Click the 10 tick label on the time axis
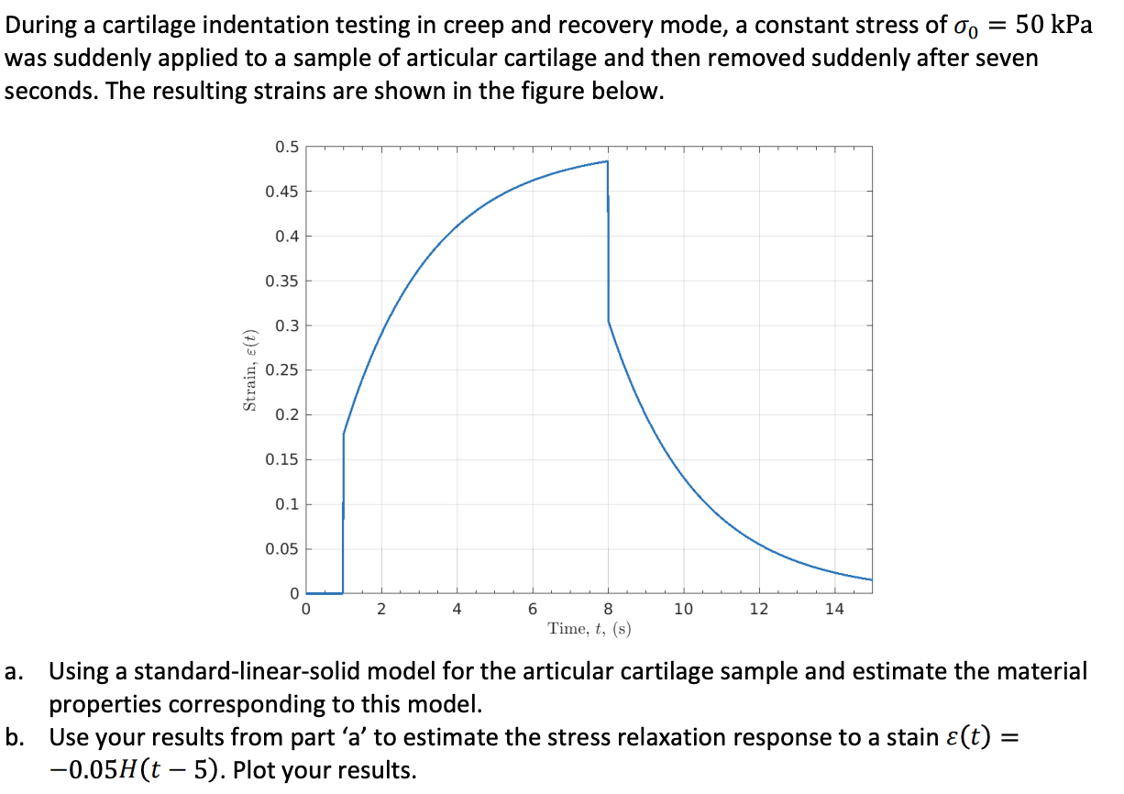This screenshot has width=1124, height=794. pyautogui.click(x=683, y=610)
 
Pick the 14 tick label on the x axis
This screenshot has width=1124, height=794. pyautogui.click(x=834, y=610)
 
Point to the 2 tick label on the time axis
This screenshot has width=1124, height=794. pyautogui.click(x=381, y=610)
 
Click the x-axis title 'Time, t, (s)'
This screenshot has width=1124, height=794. pyautogui.click(x=589, y=629)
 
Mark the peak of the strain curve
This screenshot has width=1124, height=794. pyautogui.click(x=607, y=161)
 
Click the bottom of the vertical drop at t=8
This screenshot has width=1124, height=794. pyautogui.click(x=609, y=322)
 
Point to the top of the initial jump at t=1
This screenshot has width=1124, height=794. pyautogui.click(x=344, y=433)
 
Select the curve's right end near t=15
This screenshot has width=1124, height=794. pyautogui.click(x=870, y=579)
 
